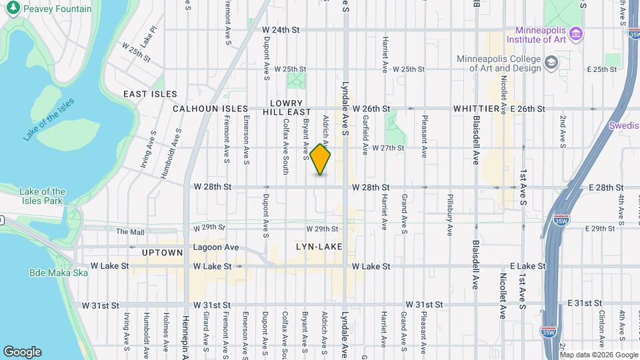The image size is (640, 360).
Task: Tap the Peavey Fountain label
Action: [x=57, y=9]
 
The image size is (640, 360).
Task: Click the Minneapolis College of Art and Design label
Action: [x=499, y=63]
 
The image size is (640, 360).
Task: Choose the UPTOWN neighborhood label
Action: [x=163, y=253]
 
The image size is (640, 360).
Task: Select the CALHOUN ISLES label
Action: [x=210, y=109]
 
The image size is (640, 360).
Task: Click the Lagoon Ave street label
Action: [x=215, y=247]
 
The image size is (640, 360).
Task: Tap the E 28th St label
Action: [x=605, y=188]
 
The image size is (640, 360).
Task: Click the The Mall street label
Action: [x=130, y=232]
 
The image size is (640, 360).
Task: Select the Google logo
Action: [x=22, y=352]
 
